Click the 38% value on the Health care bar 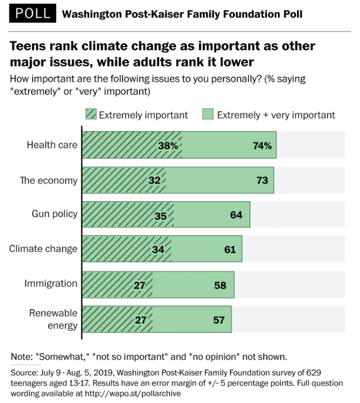click(167, 146)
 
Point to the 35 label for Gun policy click(161, 215)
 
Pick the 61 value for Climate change click(230, 249)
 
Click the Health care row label click(52, 145)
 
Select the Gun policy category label click(54, 214)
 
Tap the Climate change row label click(43, 248)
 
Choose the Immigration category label click(51, 283)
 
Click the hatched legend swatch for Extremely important click(91, 115)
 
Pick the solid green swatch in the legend click(209, 115)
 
